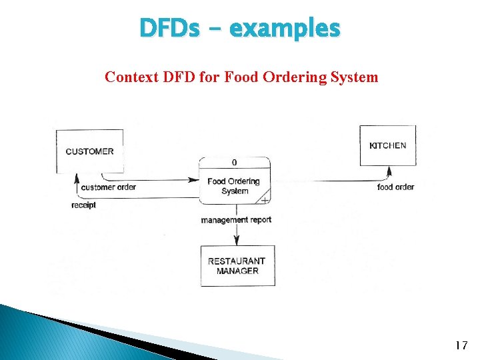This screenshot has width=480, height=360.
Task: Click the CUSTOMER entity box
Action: pyautogui.click(x=89, y=151)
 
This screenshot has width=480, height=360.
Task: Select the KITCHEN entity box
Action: pyautogui.click(x=387, y=145)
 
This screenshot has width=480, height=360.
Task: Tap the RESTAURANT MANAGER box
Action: pyautogui.click(x=237, y=266)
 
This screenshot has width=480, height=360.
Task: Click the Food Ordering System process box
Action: pyautogui.click(x=234, y=186)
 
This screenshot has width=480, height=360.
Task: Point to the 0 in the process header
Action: pyautogui.click(x=234, y=163)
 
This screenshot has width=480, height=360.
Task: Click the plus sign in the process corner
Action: pyautogui.click(x=265, y=199)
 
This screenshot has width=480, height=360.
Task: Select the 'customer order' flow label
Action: pyautogui.click(x=108, y=187)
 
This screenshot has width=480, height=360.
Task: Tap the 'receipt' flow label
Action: pyautogui.click(x=84, y=205)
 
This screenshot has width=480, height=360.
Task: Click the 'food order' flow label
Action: pyautogui.click(x=395, y=187)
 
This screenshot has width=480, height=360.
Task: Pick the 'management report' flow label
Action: pyautogui.click(x=236, y=220)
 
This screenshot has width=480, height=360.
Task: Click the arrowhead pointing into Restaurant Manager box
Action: pyautogui.click(x=237, y=241)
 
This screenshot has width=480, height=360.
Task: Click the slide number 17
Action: pyautogui.click(x=460, y=345)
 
